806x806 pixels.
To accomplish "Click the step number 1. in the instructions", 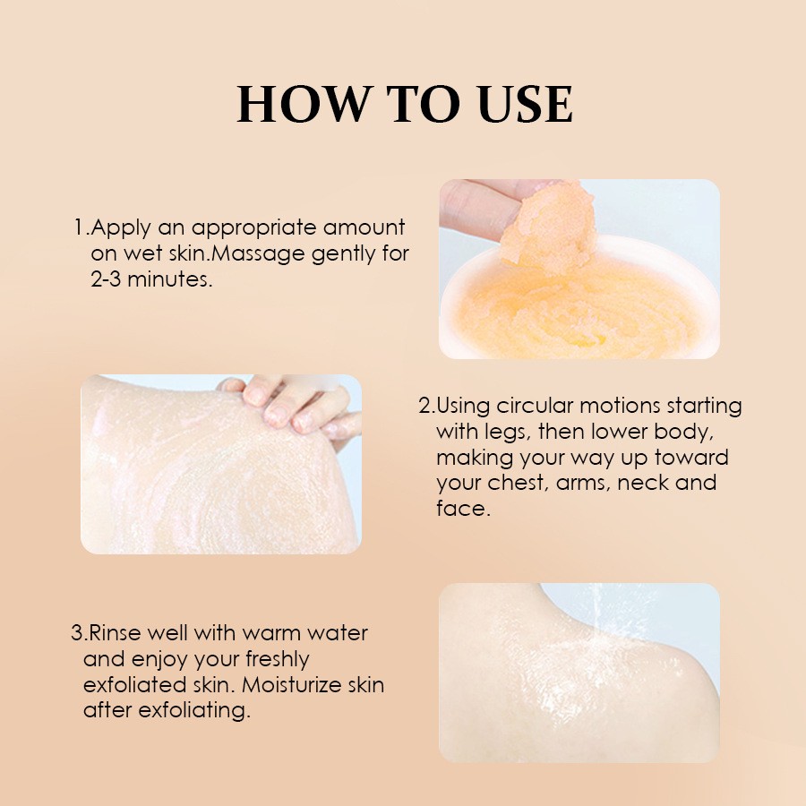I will pyautogui.click(x=81, y=227).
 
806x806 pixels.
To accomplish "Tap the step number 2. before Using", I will pyautogui.click(x=426, y=406).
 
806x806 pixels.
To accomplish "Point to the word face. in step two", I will pyautogui.click(x=462, y=509).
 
